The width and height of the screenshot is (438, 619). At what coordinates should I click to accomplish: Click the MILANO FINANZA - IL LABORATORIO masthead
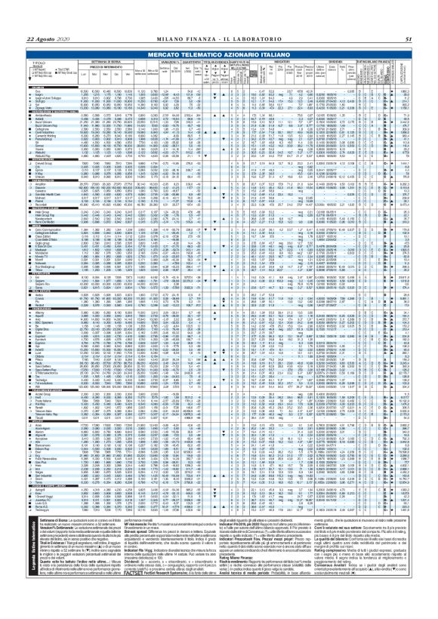click(x=218, y=17)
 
